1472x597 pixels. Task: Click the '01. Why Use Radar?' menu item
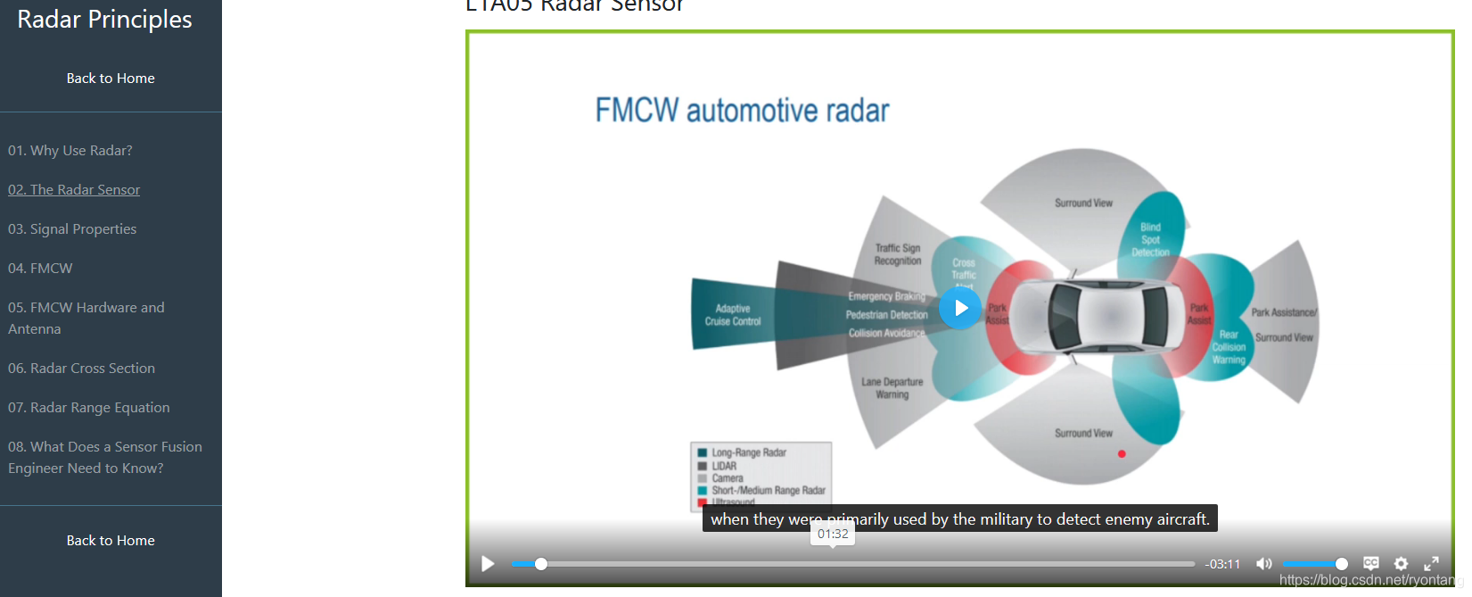click(70, 151)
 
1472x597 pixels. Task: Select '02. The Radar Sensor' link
click(74, 190)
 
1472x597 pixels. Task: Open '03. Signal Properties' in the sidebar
click(72, 229)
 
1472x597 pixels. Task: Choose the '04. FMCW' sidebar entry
click(40, 269)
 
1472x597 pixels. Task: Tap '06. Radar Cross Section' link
click(81, 369)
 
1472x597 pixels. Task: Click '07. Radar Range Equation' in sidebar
click(88, 408)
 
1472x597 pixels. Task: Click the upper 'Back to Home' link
click(111, 79)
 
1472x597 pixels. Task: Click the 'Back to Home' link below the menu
click(111, 541)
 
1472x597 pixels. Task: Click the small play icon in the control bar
click(488, 564)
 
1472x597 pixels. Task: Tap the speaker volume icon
click(1263, 564)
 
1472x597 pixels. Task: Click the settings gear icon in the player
click(1401, 564)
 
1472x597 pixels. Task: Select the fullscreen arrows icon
click(1431, 564)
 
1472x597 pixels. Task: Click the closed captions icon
click(1371, 564)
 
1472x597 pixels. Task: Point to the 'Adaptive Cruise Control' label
click(733, 315)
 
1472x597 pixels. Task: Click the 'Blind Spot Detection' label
click(1150, 240)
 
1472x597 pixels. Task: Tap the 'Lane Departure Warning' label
click(892, 388)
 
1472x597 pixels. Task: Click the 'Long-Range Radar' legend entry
click(749, 452)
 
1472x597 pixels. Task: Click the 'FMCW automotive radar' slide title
click(742, 111)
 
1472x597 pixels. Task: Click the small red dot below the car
click(1122, 454)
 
